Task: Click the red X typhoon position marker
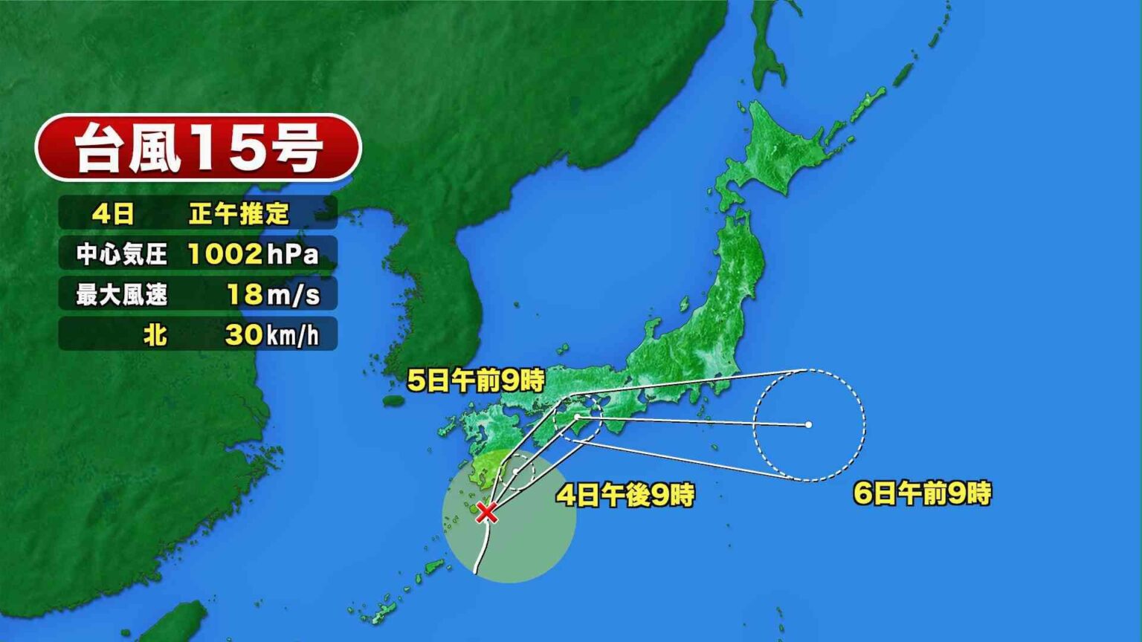pos(486,512)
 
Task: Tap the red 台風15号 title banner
pos(199,147)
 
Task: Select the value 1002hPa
pos(253,254)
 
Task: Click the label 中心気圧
pos(121,255)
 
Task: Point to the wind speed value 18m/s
pos(273,295)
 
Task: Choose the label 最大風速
pos(121,295)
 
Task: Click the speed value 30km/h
pos(271,335)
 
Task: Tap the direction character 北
pos(155,335)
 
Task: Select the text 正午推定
pos(239,215)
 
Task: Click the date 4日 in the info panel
pos(113,215)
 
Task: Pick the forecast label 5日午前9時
pos(476,381)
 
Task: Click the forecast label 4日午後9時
pos(625,495)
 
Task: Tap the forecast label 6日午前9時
pos(922,493)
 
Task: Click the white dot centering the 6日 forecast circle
pos(808,425)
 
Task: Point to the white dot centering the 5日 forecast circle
pos(577,418)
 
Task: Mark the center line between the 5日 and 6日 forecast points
pos(691,421)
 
